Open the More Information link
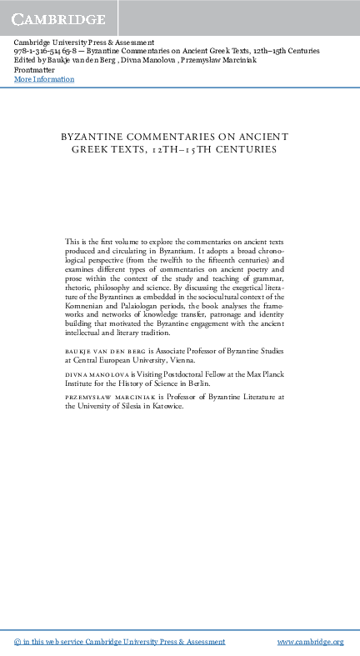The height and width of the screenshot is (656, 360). (44, 79)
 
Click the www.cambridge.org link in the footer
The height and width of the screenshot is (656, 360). (310, 642)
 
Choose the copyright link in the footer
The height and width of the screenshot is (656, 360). (120, 642)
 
